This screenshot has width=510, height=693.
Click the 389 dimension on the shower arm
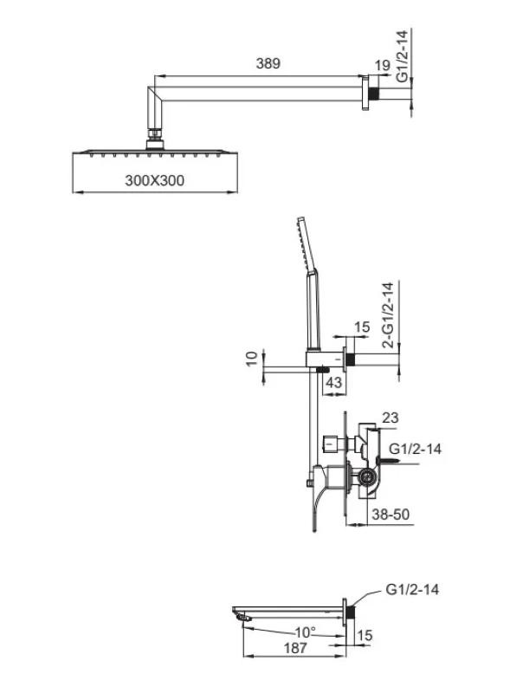tap(268, 63)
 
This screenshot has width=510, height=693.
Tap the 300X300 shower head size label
tap(155, 180)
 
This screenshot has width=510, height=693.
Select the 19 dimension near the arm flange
tap(383, 66)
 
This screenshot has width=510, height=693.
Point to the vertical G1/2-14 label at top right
tap(402, 55)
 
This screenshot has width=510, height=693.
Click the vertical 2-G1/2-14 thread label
tap(388, 315)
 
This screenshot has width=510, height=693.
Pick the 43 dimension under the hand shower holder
tap(333, 382)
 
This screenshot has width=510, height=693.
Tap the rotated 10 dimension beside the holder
tap(251, 358)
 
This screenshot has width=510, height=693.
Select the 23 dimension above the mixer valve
tap(391, 418)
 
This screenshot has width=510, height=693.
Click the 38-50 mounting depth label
tap(391, 514)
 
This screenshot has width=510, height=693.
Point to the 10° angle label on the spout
tap(306, 632)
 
